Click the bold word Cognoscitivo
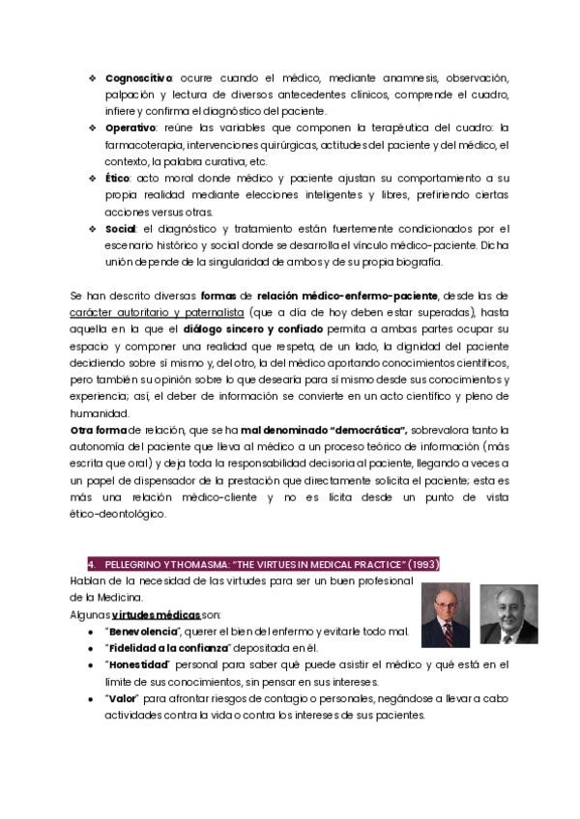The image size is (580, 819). (x=138, y=76)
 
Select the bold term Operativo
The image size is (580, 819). (x=130, y=127)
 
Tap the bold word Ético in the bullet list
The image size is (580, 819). (x=117, y=178)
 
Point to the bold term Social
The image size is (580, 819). (x=121, y=228)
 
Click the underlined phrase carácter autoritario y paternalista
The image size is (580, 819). (x=157, y=312)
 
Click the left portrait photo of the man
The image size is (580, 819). (x=445, y=614)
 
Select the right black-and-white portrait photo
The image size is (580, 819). (x=508, y=614)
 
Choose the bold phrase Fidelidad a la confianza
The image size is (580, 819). (x=171, y=648)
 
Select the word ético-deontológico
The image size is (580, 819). (x=119, y=514)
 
